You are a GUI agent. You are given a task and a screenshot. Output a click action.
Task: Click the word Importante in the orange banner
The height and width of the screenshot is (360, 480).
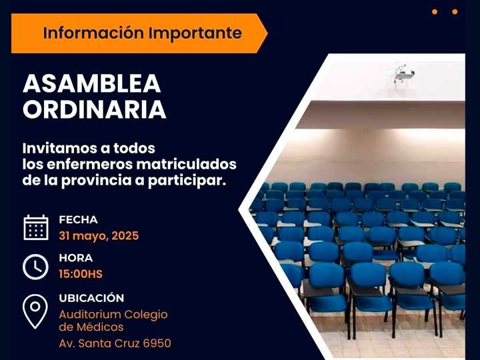coord(195,33)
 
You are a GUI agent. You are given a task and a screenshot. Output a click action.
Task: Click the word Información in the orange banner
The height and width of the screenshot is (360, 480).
coord(93,33)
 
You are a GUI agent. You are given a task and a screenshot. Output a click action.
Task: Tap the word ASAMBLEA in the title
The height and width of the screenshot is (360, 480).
coord(92,83)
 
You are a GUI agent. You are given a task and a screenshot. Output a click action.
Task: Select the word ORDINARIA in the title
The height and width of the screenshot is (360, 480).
coord(94,109)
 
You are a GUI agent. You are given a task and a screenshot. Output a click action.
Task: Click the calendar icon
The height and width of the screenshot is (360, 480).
coord(36,227)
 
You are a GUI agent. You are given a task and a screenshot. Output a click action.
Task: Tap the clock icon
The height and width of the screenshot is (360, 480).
coord(35,267)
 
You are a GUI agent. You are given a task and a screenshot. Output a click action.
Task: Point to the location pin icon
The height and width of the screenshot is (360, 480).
coord(35,311)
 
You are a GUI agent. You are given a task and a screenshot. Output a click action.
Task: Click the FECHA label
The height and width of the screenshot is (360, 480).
coord(79,219)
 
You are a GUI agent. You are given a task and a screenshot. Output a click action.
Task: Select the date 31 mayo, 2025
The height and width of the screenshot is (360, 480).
coord(99,236)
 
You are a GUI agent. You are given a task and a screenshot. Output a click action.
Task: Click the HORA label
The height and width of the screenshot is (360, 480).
coord(76,258)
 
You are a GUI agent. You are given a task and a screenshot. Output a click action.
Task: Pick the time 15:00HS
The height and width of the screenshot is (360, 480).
coord(81,274)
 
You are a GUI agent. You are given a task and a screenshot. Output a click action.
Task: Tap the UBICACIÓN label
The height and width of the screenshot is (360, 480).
coord(91,297)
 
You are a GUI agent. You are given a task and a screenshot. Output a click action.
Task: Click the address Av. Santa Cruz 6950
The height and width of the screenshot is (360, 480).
coord(115,343)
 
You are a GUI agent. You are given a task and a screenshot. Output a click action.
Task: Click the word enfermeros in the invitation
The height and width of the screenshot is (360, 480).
coord(89,165)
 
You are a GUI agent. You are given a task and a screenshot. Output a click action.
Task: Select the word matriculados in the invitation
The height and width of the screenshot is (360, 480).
coord(187,165)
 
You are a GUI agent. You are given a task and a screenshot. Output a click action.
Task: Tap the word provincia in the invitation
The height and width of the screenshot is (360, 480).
coord(97,181)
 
